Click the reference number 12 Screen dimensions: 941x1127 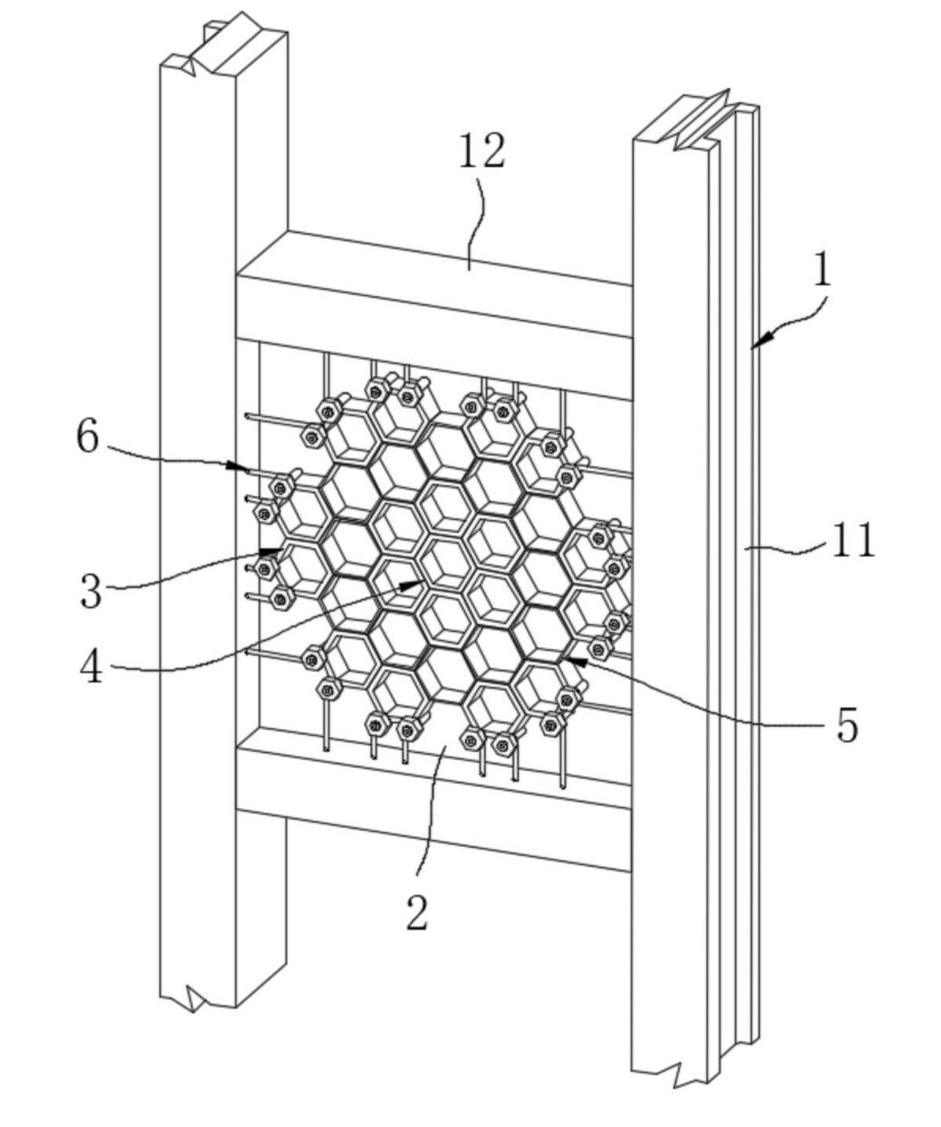pos(481,151)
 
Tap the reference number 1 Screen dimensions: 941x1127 pos(823,267)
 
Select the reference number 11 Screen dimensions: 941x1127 pos(853,540)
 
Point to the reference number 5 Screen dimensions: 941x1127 pos(847,725)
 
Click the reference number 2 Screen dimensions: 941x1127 pos(416,911)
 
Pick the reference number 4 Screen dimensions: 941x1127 pos(91,666)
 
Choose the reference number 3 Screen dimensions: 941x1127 pos(91,591)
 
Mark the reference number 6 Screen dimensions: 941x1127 pos(88,435)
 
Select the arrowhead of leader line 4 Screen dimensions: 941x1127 pos(412,584)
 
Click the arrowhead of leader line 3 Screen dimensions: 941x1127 pos(271,551)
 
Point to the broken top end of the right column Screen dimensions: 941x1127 pos(696,122)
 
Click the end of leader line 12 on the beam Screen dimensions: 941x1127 pos(469,270)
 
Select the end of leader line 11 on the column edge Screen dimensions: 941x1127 pos(746,548)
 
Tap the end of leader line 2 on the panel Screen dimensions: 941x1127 pos(445,747)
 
